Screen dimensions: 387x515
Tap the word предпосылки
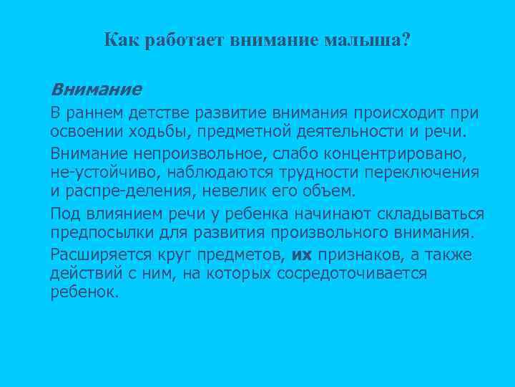97,234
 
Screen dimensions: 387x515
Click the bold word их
303,254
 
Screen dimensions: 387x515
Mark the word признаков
358,254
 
